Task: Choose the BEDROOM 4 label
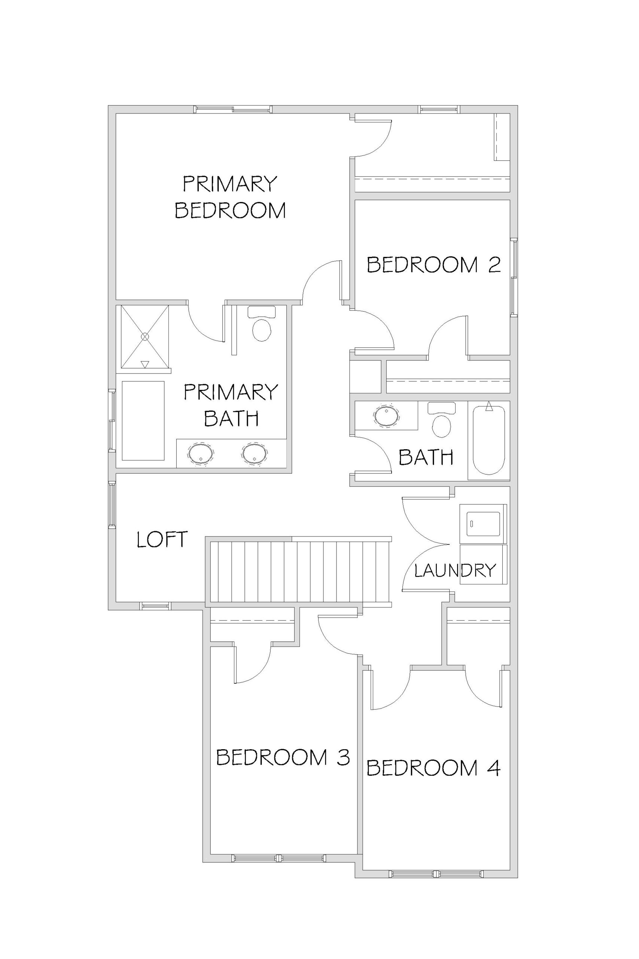click(433, 768)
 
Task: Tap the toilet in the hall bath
click(441, 420)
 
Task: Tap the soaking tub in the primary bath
click(143, 421)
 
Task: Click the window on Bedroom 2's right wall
click(514, 277)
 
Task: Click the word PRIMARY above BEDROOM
click(230, 184)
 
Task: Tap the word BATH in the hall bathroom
click(426, 457)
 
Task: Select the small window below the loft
click(155, 606)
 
